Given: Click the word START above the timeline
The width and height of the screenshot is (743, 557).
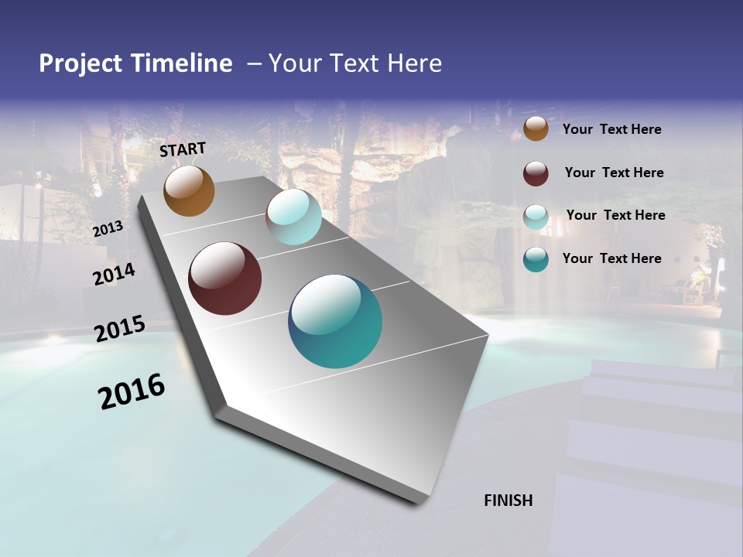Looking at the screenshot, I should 183,149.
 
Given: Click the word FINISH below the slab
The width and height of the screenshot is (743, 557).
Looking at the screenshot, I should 508,501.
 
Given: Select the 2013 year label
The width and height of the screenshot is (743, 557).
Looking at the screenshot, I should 108,229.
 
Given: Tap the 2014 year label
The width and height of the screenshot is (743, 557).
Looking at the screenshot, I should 114,275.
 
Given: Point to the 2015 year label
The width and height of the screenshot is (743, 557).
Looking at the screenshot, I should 120,329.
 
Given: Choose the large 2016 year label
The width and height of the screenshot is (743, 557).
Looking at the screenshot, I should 132,391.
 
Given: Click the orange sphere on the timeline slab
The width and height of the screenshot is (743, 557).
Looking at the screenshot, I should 189,191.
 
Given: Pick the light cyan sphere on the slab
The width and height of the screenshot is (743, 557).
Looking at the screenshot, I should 293,217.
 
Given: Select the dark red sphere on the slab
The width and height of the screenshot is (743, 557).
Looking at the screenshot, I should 224,278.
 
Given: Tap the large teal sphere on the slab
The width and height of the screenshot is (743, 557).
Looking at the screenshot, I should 335,321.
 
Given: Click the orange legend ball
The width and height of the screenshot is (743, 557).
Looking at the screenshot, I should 536,129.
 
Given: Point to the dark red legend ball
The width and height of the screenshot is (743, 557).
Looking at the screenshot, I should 536,173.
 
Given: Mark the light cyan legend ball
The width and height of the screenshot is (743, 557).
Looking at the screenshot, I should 536,217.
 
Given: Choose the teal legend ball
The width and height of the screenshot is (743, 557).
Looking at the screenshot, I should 536,259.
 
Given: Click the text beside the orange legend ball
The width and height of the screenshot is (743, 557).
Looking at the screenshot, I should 611,130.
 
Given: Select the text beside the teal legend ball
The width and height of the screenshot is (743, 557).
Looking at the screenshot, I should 611,258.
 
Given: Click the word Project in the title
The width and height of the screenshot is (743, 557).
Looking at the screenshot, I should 79,63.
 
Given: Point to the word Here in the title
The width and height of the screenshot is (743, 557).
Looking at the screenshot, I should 414,63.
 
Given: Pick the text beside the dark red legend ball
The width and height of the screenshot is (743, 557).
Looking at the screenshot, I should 614,173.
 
